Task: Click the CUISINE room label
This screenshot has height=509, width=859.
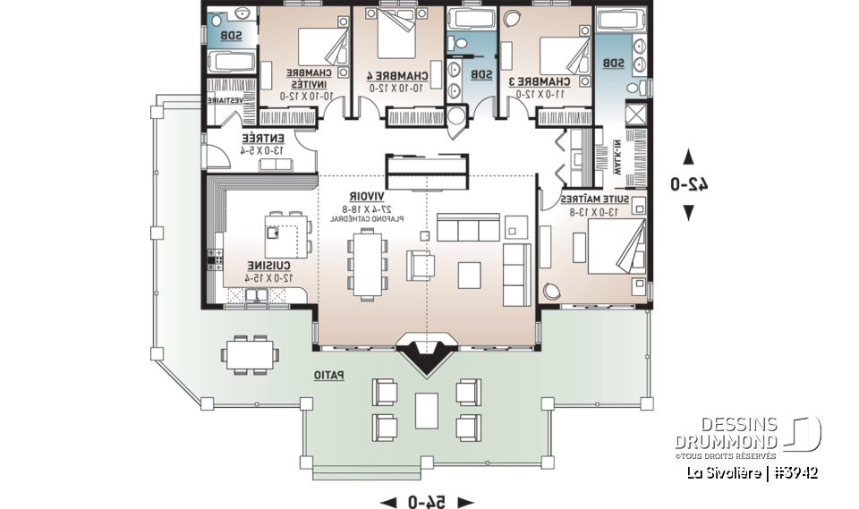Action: tap(268, 267)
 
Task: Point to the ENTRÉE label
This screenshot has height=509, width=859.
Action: tap(263, 139)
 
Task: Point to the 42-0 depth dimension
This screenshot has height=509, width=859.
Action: tap(689, 184)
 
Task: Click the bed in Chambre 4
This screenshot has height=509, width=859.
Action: tap(392, 34)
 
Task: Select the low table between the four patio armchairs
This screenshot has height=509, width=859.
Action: tap(428, 410)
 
